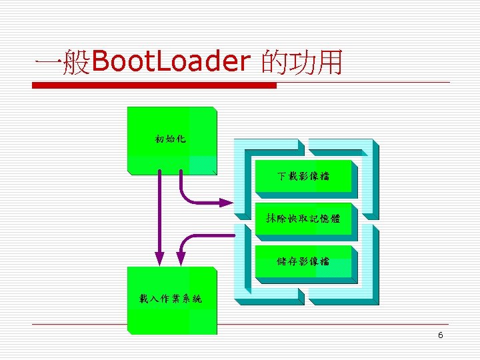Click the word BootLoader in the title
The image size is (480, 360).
170,63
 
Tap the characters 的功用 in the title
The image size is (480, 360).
302,63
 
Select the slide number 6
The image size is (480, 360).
440,335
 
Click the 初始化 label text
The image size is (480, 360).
171,139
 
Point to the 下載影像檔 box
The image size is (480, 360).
304,177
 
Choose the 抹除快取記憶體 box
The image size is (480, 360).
304,218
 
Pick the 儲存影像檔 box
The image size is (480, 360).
304,261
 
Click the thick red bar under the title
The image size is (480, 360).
155,85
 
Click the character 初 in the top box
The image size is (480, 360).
159,139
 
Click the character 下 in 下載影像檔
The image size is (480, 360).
283,177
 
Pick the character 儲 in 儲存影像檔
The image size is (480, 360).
283,261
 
